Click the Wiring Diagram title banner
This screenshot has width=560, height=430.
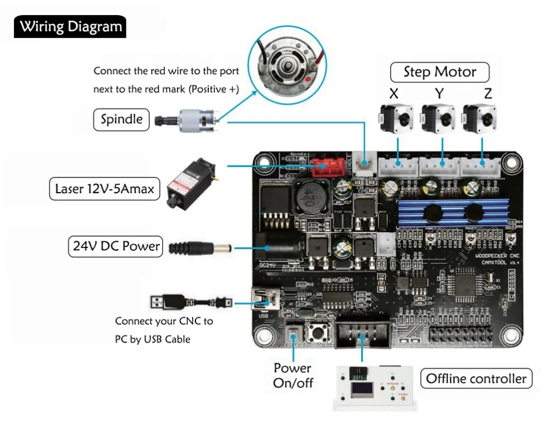[x=71, y=26]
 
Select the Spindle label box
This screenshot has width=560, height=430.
[x=121, y=119]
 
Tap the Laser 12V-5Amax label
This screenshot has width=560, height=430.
[x=104, y=189]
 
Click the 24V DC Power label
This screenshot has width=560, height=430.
[x=115, y=246]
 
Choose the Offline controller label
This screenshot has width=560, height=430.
[x=476, y=378]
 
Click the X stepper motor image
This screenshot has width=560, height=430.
[x=396, y=118]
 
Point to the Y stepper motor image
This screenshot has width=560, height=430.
[x=438, y=118]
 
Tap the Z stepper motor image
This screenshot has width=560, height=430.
[x=480, y=118]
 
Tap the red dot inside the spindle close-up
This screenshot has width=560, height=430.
[x=308, y=80]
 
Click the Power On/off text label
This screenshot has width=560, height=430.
[x=292, y=376]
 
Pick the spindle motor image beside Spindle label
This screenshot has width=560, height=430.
[x=190, y=119]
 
